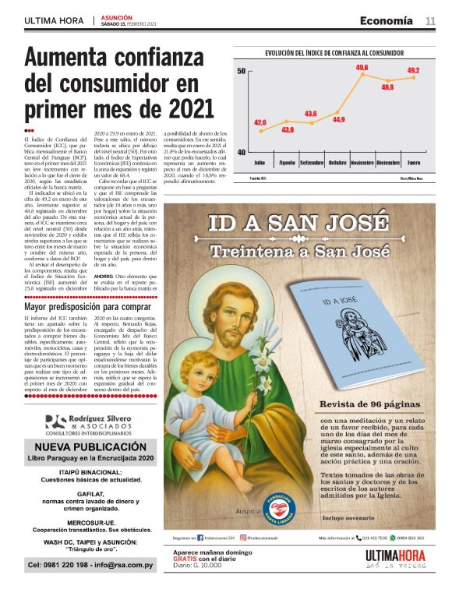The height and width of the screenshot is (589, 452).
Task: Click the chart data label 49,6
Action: pyautogui.click(x=362, y=69)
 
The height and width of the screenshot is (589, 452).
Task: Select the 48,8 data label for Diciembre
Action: pyautogui.click(x=387, y=86)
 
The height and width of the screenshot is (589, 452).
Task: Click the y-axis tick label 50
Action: pyautogui.click(x=242, y=71)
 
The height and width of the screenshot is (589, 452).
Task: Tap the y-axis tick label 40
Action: pyautogui.click(x=242, y=153)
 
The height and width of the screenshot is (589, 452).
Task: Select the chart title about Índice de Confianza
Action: pyautogui.click(x=334, y=53)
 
